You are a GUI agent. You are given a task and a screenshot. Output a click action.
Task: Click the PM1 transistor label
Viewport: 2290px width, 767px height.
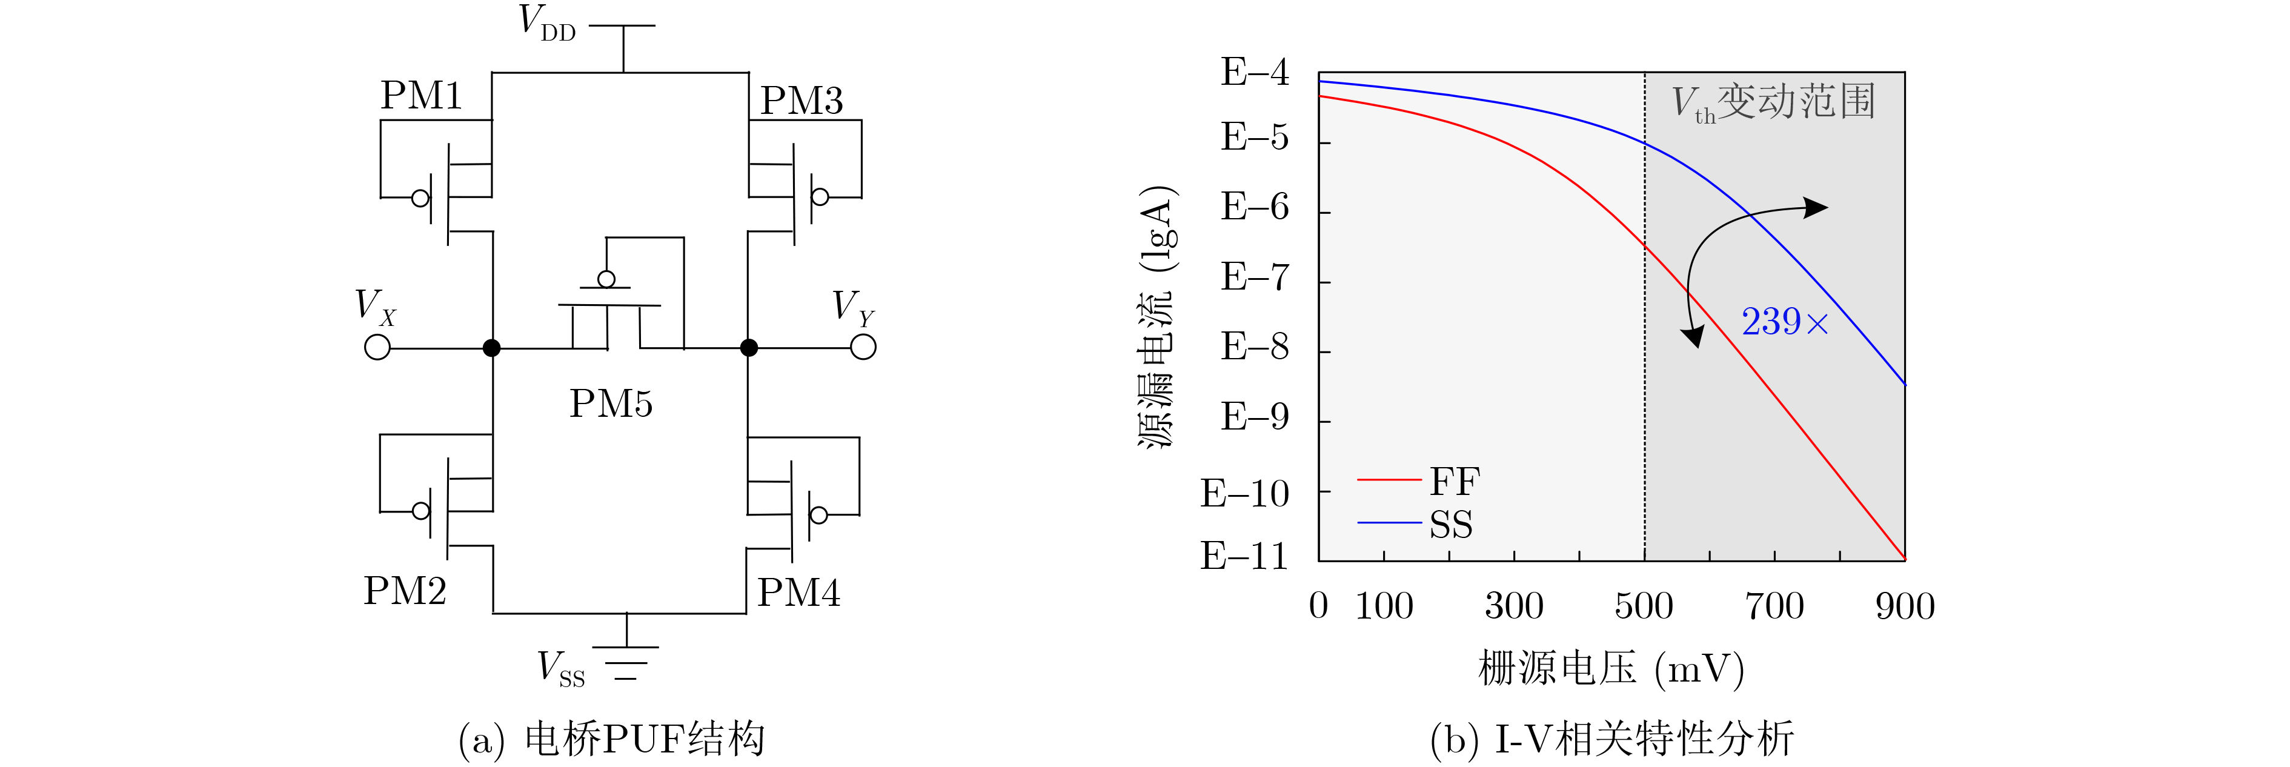[422, 95]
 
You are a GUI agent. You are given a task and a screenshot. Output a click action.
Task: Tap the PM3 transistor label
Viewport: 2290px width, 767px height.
[801, 101]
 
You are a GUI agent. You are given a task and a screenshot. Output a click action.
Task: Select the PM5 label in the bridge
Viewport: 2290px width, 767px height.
[611, 403]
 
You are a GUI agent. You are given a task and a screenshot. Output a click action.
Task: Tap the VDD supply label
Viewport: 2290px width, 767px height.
[546, 22]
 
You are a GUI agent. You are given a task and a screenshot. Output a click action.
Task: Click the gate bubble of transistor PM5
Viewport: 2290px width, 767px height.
[606, 279]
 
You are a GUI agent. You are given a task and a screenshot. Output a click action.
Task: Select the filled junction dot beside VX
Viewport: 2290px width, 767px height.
[491, 348]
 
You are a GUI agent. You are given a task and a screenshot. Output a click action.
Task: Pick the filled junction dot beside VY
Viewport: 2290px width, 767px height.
[749, 348]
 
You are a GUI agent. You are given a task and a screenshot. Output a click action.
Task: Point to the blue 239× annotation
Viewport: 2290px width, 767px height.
[1784, 322]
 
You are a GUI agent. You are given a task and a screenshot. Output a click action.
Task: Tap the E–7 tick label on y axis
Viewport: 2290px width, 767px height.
[1254, 277]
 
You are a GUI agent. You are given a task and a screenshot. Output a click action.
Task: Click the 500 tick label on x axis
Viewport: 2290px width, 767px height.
[1644, 606]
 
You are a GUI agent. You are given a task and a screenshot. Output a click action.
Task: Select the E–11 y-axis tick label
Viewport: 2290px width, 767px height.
[1244, 556]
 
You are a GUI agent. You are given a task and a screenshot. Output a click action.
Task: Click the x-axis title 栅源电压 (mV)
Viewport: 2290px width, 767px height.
[1611, 668]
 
